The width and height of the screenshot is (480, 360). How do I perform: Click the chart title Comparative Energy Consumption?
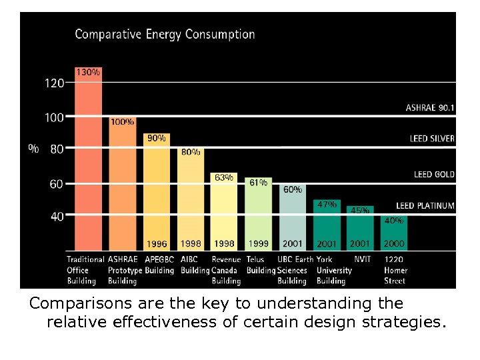(x=165, y=34)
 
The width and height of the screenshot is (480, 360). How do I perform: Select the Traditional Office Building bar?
(x=88, y=167)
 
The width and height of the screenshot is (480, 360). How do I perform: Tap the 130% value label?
(x=88, y=71)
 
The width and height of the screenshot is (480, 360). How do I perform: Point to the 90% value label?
(x=157, y=138)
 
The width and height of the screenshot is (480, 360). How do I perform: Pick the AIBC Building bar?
(x=191, y=200)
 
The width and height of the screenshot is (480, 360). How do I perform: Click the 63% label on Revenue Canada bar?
(x=223, y=177)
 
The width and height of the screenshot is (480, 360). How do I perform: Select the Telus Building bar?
(x=258, y=213)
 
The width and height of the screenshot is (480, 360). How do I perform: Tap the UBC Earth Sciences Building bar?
(x=292, y=217)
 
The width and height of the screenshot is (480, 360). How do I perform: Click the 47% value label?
(x=326, y=205)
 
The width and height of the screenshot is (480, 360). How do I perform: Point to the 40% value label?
(x=394, y=220)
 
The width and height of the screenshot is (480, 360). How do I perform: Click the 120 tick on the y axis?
(x=55, y=83)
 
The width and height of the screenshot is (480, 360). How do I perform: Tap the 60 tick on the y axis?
(x=57, y=183)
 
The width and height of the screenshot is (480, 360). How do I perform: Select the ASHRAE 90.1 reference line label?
(x=430, y=107)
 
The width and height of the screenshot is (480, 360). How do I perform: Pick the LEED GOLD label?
(x=434, y=174)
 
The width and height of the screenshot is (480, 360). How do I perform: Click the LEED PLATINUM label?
(x=425, y=206)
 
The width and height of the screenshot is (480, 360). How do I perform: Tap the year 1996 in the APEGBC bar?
(x=157, y=244)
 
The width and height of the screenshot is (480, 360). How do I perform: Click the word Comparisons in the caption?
(x=72, y=304)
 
